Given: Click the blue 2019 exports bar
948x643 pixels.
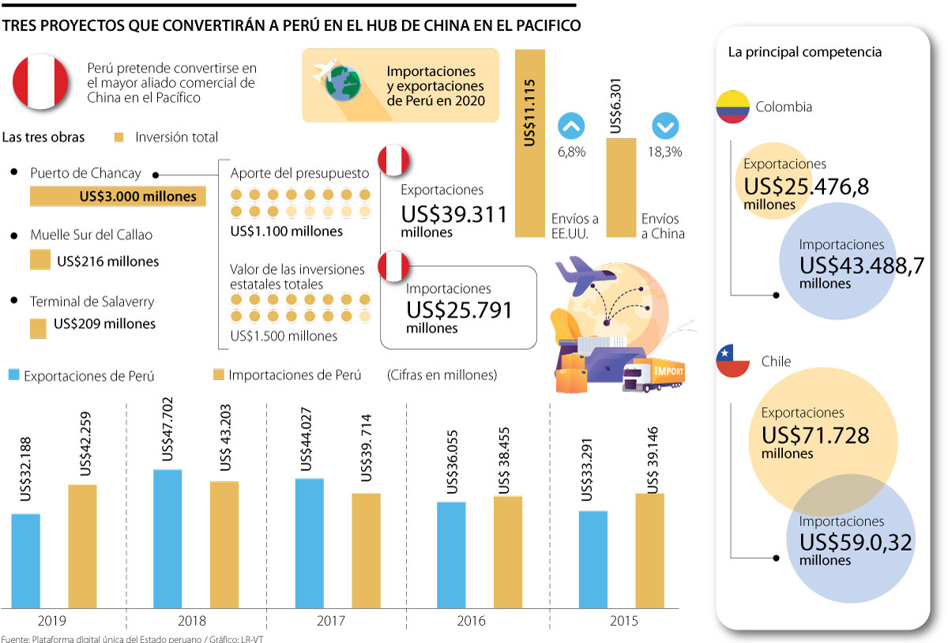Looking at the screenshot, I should (25, 561).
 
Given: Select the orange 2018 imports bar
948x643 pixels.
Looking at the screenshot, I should (224, 544).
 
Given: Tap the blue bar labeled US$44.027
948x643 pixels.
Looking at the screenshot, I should (310, 543).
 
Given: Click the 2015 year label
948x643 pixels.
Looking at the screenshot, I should (624, 622).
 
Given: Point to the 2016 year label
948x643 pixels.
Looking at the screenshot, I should (471, 622).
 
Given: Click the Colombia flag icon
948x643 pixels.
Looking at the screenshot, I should (732, 107).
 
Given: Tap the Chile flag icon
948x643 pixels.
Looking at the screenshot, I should (732, 361).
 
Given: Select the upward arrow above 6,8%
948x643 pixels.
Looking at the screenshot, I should (571, 127).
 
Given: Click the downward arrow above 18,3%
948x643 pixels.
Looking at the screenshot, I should (665, 127).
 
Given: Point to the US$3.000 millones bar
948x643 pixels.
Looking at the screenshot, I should (118, 197).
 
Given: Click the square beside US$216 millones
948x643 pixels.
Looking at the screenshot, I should (39, 261).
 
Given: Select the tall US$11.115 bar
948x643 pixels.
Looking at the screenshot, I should (529, 142).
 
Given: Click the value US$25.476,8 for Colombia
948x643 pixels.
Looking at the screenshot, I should (803, 187).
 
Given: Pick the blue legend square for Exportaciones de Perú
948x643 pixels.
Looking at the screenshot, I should (13, 375).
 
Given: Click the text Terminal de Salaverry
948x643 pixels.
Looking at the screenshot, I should (92, 301).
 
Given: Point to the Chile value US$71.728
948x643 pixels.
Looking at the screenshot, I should (815, 435).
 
